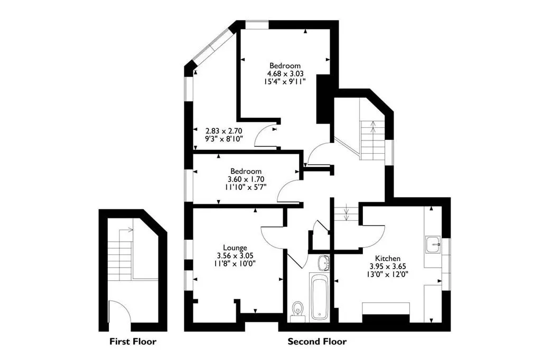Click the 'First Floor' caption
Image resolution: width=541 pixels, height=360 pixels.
133,342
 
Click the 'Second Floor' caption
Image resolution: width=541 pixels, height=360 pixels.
317,342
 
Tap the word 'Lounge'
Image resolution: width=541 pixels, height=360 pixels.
235,248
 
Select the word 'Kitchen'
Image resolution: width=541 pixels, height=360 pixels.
388,258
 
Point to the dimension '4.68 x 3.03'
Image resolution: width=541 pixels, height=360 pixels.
285,73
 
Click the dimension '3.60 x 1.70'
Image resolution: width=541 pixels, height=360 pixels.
246,179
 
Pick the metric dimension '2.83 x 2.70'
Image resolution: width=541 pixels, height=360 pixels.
224,131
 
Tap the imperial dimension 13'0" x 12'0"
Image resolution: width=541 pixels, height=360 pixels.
388,274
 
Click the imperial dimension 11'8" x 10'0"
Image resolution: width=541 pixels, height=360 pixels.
235,264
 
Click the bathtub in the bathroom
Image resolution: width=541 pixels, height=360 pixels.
320,296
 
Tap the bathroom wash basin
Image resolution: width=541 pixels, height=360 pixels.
324,262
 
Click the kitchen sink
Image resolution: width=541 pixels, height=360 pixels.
433,244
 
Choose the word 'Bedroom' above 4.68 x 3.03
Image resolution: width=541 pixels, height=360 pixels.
285,65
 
